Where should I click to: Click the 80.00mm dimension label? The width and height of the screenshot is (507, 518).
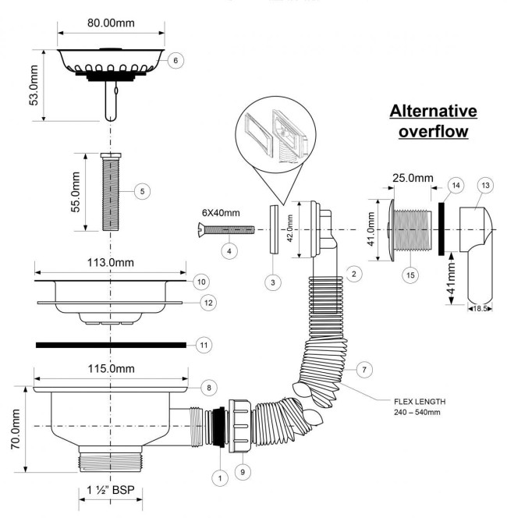click(111, 23)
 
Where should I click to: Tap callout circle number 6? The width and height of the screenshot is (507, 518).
click(175, 60)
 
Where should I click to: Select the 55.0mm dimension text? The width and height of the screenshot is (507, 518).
click(76, 192)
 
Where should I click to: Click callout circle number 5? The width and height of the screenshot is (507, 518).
click(143, 191)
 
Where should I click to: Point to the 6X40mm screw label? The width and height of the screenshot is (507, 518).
click(221, 213)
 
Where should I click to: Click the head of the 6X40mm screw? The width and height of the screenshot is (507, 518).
click(201, 230)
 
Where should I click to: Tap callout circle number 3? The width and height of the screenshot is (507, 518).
click(273, 282)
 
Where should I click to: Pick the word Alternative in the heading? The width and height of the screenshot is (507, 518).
click(434, 111)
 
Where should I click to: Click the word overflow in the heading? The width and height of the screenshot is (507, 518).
click(434, 131)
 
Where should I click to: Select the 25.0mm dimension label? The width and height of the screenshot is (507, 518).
click(413, 178)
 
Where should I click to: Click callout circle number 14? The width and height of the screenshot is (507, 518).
click(456, 186)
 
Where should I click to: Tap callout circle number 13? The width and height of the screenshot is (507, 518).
click(485, 186)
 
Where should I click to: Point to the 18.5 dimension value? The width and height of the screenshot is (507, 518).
click(480, 309)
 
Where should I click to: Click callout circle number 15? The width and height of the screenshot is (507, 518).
click(410, 275)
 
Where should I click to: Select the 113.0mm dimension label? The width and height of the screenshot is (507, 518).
click(111, 263)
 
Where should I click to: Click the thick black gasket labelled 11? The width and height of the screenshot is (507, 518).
click(111, 345)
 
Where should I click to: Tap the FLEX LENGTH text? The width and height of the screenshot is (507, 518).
click(420, 402)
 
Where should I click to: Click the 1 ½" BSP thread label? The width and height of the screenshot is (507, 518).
click(111, 490)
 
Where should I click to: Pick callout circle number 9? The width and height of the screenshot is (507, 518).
click(243, 472)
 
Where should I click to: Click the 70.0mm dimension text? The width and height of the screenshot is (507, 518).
click(16, 429)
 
